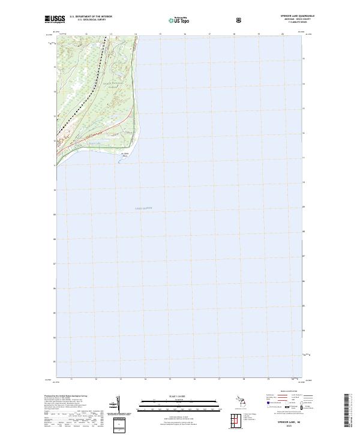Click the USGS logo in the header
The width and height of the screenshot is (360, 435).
(55, 19)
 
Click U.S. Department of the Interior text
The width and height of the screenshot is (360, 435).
(91, 17)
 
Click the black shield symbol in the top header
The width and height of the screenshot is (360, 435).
(241, 19)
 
